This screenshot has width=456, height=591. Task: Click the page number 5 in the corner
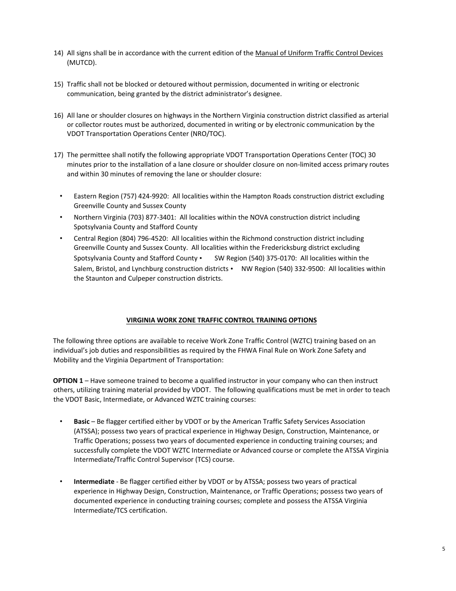point(444,549)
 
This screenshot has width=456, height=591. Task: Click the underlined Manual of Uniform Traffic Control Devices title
point(319,53)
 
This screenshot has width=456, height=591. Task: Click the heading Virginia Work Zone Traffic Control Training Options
point(221,320)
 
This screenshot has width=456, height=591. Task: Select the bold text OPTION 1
point(68,381)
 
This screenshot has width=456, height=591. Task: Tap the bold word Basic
point(81,421)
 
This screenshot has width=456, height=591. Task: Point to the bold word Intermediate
point(94,481)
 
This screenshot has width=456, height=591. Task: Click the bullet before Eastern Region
point(61,196)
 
